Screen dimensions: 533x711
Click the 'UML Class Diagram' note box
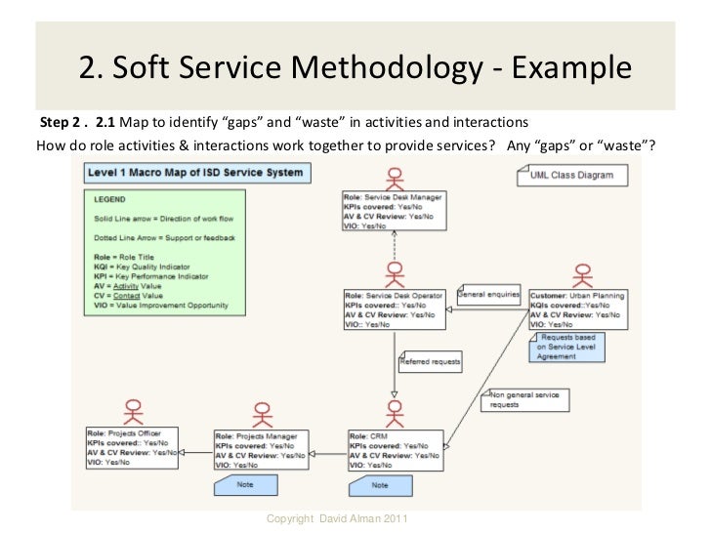click(565, 176)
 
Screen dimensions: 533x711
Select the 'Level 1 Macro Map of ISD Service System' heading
click(193, 173)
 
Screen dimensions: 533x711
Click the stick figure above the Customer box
click(580, 273)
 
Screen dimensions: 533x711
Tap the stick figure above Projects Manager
click(262, 411)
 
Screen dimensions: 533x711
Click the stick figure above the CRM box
click(394, 411)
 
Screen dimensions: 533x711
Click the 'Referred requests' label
click(430, 361)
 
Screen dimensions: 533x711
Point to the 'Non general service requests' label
click(523, 398)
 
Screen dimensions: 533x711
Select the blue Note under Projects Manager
click(240, 483)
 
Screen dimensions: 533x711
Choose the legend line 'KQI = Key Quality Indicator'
click(143, 266)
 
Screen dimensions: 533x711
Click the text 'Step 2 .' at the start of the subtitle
click(61, 123)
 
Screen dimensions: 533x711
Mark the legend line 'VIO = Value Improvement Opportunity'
click(161, 305)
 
